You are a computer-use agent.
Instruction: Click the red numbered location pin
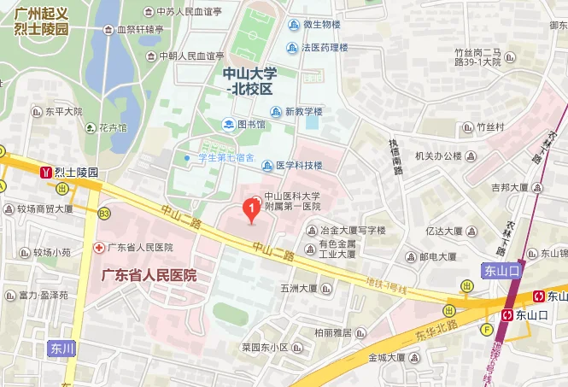pyautogui.click(x=251, y=208)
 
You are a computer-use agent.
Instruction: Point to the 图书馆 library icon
pyautogui.click(x=228, y=124)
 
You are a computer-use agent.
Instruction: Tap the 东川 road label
pyautogui.click(x=62, y=349)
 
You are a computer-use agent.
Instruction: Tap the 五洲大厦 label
pyautogui.click(x=298, y=289)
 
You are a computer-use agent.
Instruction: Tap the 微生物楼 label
pyautogui.click(x=321, y=25)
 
